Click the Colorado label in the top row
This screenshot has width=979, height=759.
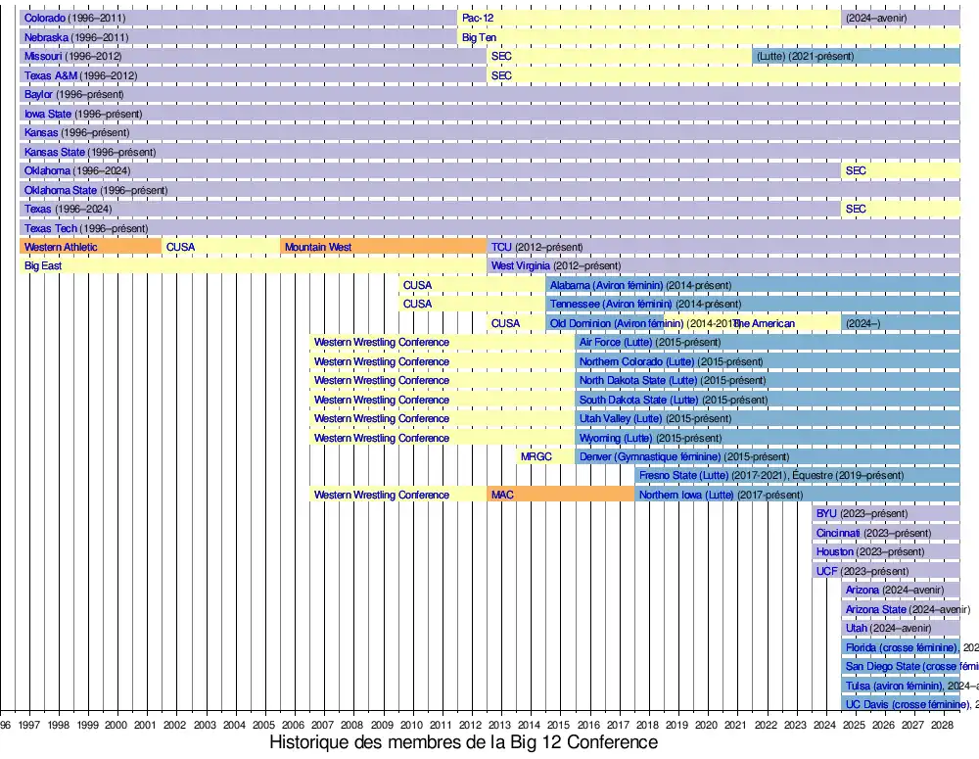(x=44, y=19)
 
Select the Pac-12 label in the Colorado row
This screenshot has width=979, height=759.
(x=478, y=19)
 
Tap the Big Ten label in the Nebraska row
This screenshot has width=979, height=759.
(x=480, y=37)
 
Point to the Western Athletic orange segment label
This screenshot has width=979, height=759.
(x=61, y=247)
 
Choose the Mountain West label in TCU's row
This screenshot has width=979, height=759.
(x=317, y=247)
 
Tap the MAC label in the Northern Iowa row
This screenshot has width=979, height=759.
(x=502, y=495)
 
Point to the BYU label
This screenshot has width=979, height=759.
(x=826, y=513)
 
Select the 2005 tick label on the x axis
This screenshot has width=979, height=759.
(x=264, y=726)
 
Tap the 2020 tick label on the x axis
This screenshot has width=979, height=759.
(x=707, y=726)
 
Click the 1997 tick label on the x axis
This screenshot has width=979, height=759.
(x=28, y=726)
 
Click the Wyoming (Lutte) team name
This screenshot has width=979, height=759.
(x=615, y=438)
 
